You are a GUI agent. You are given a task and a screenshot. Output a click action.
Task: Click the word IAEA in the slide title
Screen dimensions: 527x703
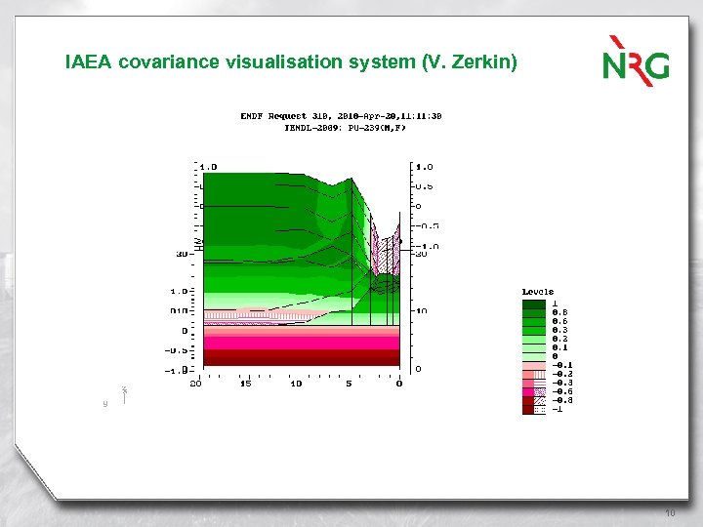pos(89,62)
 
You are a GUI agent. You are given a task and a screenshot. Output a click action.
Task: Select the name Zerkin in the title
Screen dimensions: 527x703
pos(477,62)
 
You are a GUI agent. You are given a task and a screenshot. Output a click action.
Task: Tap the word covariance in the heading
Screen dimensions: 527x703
pos(167,62)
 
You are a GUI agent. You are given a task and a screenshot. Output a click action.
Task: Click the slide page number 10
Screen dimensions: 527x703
pos(669,512)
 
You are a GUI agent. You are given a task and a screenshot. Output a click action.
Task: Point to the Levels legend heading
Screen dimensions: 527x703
pos(538,291)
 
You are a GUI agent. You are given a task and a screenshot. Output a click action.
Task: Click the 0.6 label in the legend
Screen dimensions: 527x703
pos(559,320)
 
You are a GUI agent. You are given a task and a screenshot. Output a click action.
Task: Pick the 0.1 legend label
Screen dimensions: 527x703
pos(559,346)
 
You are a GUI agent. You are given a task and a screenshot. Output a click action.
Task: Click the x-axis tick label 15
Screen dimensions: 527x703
pos(245,383)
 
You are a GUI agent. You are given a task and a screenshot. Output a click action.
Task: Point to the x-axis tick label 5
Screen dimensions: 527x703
pos(349,383)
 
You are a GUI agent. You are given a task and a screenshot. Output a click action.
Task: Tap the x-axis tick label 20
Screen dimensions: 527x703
pos(195,383)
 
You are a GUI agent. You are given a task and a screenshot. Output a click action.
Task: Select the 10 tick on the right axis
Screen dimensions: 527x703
pos(420,310)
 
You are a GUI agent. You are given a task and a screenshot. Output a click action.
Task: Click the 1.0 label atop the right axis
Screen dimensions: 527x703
pos(424,167)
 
